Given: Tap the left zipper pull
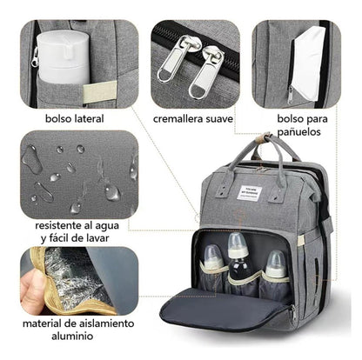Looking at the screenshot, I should (x=168, y=58).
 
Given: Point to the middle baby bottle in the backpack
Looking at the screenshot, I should (x=238, y=265).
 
